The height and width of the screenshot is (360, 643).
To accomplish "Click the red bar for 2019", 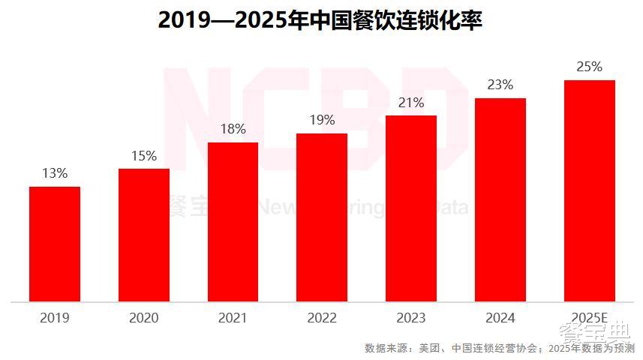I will click(x=55, y=244).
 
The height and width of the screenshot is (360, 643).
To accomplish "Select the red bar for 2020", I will click(x=144, y=235).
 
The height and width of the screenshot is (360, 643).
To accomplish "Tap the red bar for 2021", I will click(x=233, y=222).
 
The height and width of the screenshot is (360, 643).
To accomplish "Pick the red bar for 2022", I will click(x=322, y=217).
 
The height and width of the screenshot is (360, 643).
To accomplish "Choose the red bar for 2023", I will click(x=411, y=208).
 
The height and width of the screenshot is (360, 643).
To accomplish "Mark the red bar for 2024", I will click(x=500, y=199).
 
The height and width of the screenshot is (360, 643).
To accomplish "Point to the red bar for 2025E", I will click(x=590, y=190).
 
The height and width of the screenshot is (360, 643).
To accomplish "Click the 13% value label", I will click(x=55, y=173).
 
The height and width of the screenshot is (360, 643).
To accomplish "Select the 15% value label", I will click(x=144, y=156).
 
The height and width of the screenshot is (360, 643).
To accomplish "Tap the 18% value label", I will click(x=233, y=129).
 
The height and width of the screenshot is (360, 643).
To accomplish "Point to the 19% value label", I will click(x=322, y=120).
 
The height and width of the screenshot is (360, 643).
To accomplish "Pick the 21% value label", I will click(x=411, y=103).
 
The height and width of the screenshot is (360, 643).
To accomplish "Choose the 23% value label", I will click(x=500, y=85).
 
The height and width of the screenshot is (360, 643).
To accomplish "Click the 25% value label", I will click(x=590, y=67).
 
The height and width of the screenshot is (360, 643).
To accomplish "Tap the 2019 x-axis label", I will click(x=55, y=318).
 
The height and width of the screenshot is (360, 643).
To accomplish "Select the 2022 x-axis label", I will click(x=322, y=318).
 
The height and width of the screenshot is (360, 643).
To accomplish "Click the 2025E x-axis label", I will click(x=590, y=318).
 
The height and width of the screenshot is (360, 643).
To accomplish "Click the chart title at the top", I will click(x=320, y=20).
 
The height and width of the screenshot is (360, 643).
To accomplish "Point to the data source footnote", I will click(x=500, y=348).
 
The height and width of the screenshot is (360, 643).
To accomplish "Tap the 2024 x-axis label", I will click(x=500, y=318).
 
